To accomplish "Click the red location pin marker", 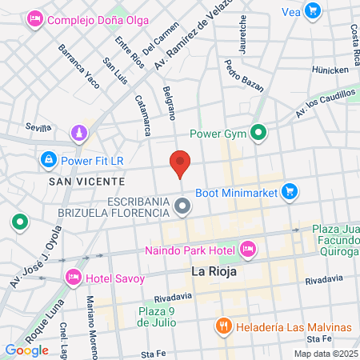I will pos(180,162).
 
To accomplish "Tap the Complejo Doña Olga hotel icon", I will pos(34,18).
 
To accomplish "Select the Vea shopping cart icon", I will pos(313,11).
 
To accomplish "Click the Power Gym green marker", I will pos(258,133).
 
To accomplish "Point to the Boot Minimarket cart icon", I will pos(290,191).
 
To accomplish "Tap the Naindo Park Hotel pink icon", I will pos(248,250).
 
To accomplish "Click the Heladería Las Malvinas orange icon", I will pos(224,326).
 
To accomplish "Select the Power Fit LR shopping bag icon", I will pos(49,159).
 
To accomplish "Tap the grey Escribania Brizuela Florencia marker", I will pos(183,208).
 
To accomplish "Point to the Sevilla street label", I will pos(38,127).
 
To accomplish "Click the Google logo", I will pos(27,350).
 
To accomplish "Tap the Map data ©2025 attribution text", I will pos(326,354).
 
